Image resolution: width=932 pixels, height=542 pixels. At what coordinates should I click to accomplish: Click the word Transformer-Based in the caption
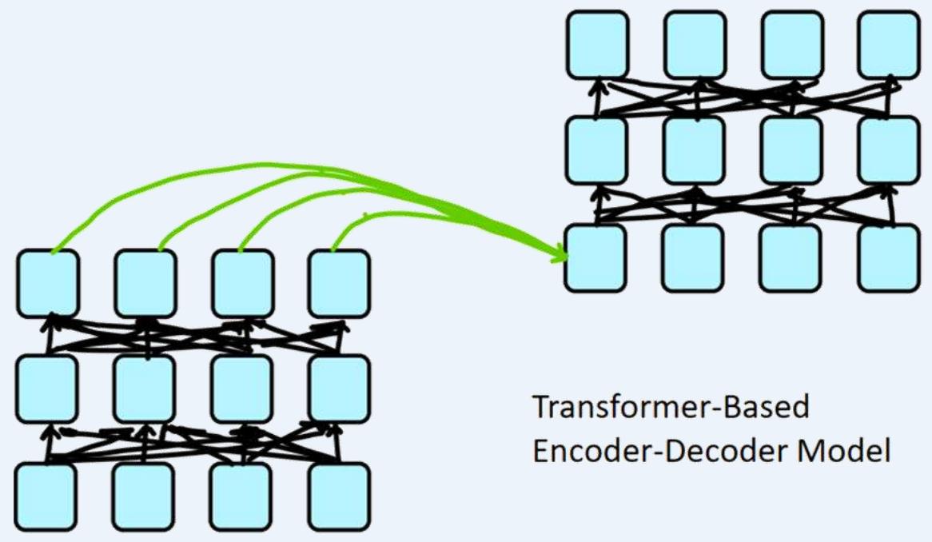671,408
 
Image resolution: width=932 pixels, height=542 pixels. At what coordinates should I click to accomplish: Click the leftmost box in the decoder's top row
597,44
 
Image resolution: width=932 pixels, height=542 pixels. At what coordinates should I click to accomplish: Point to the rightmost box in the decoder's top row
889,44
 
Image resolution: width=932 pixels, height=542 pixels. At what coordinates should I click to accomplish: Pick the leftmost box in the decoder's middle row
597,150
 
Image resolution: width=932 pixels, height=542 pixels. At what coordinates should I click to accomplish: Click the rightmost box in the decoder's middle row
889,150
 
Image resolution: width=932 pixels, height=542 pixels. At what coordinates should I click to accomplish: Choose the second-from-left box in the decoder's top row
694,44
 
